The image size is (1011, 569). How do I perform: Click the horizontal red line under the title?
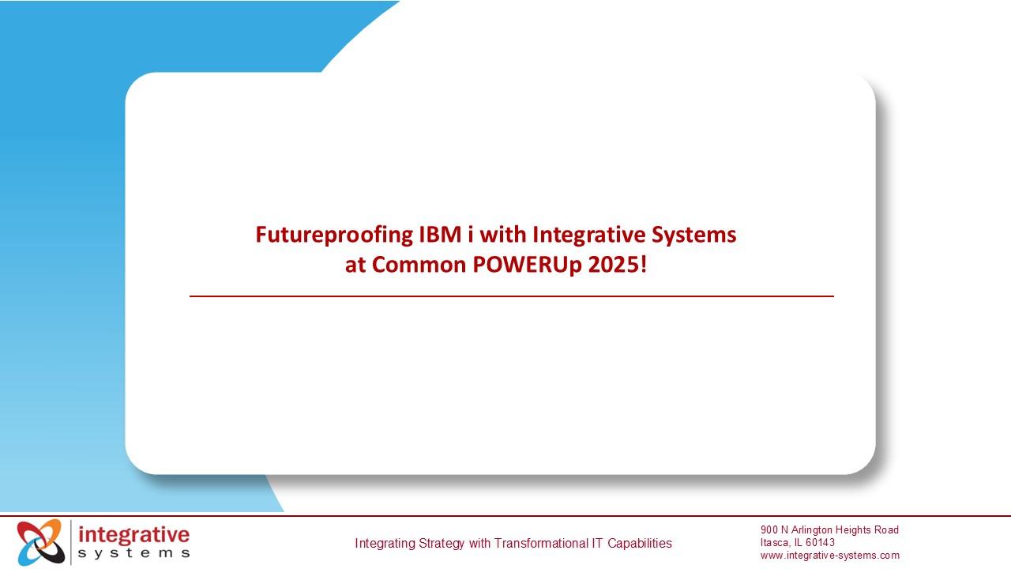click(x=511, y=296)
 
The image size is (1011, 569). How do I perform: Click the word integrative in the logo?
click(x=134, y=534)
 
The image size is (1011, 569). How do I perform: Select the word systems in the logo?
click(x=134, y=553)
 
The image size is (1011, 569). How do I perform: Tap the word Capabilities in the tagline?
click(x=639, y=544)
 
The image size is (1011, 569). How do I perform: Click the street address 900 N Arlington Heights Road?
click(x=829, y=530)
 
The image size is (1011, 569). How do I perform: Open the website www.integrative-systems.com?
click(x=829, y=556)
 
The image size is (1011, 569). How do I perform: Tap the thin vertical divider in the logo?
click(x=71, y=542)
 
